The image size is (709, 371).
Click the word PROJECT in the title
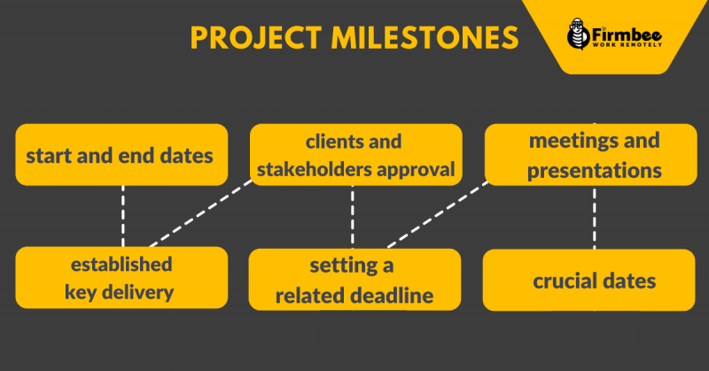[255, 37]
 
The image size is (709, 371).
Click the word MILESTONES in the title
[425, 37]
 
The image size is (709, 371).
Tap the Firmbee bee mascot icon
[578, 34]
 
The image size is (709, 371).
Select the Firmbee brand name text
[627, 35]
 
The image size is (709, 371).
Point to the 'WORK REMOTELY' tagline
[627, 45]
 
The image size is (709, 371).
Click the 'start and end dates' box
[121, 155]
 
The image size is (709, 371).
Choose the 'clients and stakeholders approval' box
[356, 155]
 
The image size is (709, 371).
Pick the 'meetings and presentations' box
[590, 155]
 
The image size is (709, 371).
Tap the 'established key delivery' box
[121, 277]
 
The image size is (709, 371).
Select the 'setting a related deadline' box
[355, 279]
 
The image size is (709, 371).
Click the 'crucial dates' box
[588, 280]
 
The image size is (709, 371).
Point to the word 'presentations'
[594, 171]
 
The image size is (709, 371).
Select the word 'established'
[121, 265]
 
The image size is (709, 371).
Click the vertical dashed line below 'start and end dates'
[123, 216]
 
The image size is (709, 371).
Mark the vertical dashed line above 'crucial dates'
[594, 217]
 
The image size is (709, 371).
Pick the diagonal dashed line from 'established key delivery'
[201, 213]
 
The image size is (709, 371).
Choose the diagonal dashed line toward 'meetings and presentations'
[438, 215]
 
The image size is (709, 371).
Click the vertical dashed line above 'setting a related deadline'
[352, 217]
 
